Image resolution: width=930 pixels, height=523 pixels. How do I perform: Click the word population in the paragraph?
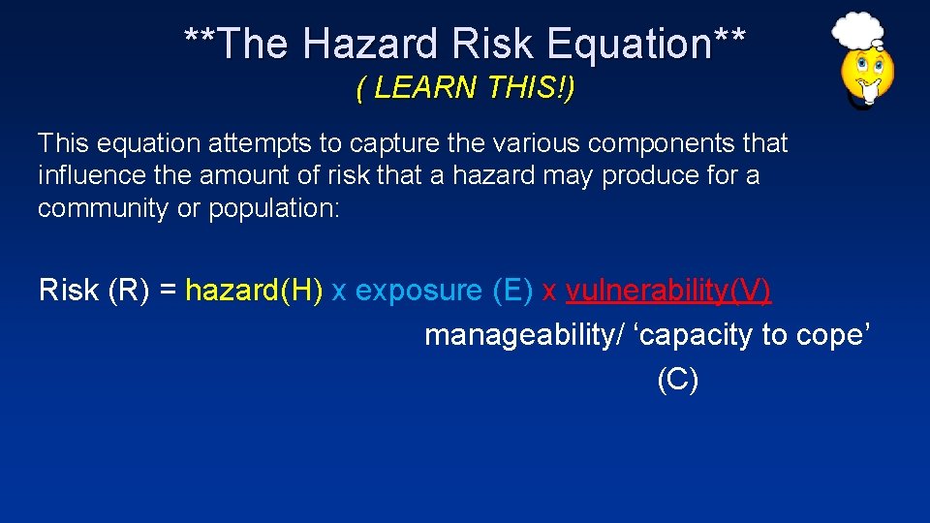[x=274, y=209]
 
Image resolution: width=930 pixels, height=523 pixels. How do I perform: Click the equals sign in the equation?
[x=168, y=291]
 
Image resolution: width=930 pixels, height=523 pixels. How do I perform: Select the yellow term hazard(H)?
[x=254, y=291]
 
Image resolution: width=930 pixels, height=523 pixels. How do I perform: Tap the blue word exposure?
[x=418, y=291]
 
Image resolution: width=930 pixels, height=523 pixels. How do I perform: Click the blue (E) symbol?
[x=512, y=291]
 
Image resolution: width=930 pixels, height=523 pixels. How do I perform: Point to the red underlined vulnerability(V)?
[x=668, y=291]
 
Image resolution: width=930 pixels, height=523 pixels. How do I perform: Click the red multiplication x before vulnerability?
[x=549, y=291]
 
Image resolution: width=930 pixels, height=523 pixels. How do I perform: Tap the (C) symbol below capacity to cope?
[x=677, y=381]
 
